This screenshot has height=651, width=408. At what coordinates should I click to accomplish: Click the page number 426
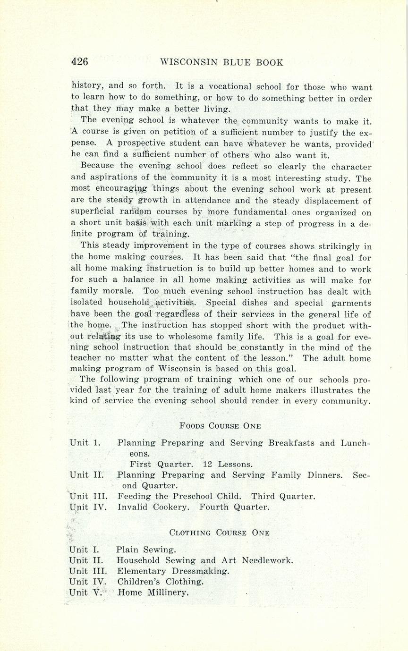(x=79, y=62)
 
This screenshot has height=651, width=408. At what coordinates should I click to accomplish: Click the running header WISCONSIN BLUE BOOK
(x=222, y=62)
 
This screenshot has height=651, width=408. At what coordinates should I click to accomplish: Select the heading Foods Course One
(x=220, y=426)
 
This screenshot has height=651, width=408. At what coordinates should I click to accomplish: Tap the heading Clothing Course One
(x=220, y=533)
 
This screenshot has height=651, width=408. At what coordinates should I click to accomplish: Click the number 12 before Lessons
(x=208, y=464)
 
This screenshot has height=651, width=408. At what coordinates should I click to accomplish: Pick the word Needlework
(x=267, y=561)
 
